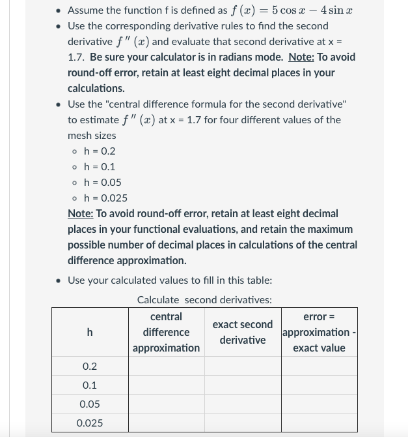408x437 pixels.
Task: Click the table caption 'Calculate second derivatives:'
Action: point(204,300)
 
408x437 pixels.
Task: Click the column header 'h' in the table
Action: point(90,333)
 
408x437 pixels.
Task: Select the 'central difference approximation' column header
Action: point(166,333)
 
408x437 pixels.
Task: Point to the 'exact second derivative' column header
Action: point(243,333)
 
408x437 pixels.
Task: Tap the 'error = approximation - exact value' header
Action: point(319,333)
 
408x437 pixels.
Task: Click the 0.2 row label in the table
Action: point(90,367)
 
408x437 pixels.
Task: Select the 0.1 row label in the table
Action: point(90,385)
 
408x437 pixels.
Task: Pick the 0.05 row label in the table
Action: point(90,404)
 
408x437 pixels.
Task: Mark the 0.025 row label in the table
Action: point(90,423)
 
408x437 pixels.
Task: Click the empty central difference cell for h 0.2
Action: point(166,367)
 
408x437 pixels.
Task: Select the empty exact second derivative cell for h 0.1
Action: point(243,385)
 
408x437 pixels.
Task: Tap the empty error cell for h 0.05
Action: point(319,404)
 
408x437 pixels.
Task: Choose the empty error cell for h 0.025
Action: point(319,423)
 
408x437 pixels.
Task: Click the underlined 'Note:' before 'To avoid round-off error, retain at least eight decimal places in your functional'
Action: point(81,214)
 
